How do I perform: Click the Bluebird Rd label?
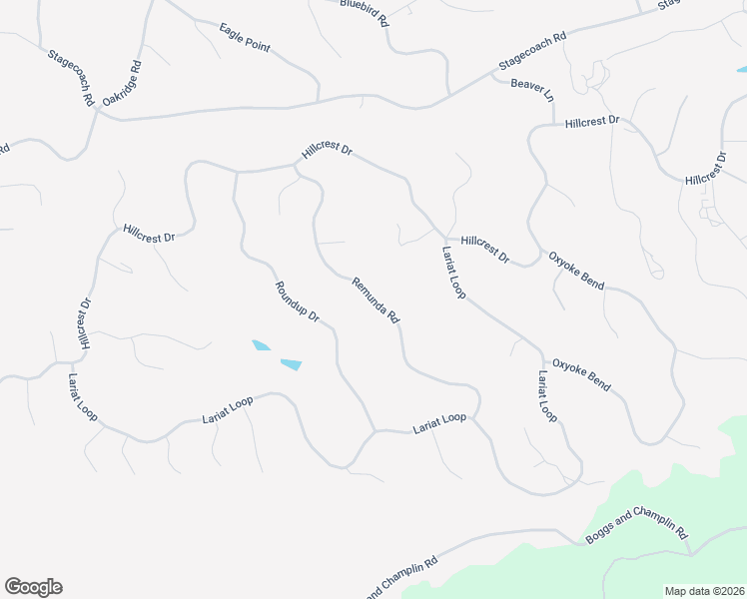tap(364, 11)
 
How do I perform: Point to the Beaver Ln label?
tap(531, 91)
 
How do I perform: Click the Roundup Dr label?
tap(297, 302)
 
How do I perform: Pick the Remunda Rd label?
tap(375, 299)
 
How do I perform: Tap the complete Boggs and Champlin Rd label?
tap(638, 526)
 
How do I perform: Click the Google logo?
tap(33, 587)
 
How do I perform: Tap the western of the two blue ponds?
tap(261, 346)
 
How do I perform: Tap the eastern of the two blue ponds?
tap(291, 364)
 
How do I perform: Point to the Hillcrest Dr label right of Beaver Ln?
tap(591, 122)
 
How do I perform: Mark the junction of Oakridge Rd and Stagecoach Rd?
tap(99, 110)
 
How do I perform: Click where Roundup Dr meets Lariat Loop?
tap(374, 431)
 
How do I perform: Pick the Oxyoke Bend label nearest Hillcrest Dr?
tap(576, 271)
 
